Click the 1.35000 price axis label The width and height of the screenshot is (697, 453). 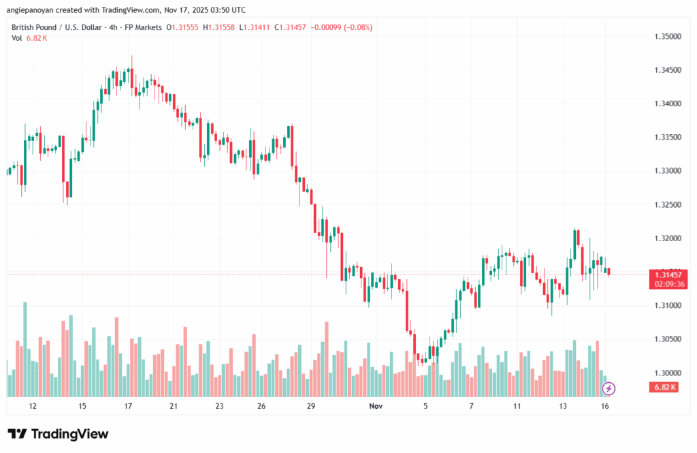(666, 36)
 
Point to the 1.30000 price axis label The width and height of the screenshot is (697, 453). (666, 373)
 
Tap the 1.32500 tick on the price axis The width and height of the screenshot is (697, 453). (666, 205)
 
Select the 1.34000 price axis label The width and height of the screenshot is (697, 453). (666, 104)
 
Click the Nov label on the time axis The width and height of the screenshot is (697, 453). (376, 406)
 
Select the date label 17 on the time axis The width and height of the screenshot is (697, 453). (127, 406)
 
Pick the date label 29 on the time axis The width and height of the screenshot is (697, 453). (310, 406)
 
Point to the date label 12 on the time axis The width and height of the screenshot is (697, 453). (33, 406)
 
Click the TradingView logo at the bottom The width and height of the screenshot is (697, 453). (58, 434)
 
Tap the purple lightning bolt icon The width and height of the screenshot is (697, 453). (609, 388)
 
